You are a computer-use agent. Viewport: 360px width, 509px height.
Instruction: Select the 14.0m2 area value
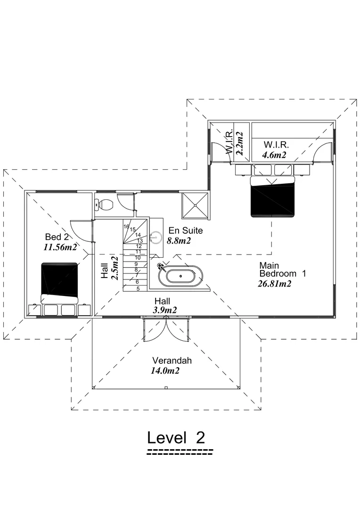pos(165,371)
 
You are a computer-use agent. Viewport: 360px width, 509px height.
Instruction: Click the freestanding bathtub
pos(181,276)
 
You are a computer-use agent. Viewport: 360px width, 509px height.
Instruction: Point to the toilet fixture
pos(104,205)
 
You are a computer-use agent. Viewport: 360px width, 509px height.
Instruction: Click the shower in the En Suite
pos(194,205)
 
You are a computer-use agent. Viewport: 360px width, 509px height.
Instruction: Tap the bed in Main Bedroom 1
pos(273,196)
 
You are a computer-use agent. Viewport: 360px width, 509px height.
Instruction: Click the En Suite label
pos(186,231)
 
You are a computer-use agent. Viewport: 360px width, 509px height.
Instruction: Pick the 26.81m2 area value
pos(274,284)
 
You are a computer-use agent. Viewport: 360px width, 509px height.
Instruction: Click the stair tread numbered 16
pos(126,227)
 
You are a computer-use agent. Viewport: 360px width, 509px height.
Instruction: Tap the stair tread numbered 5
pos(138,287)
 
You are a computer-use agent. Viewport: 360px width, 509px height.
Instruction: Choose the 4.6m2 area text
pos(275,154)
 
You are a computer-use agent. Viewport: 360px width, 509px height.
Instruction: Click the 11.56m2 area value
pos(60,246)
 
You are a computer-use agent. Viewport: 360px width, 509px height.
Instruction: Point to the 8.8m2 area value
pos(179,241)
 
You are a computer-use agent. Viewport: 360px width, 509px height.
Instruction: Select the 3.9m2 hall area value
pos(165,310)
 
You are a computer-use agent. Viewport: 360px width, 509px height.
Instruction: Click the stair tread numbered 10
pos(138,258)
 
